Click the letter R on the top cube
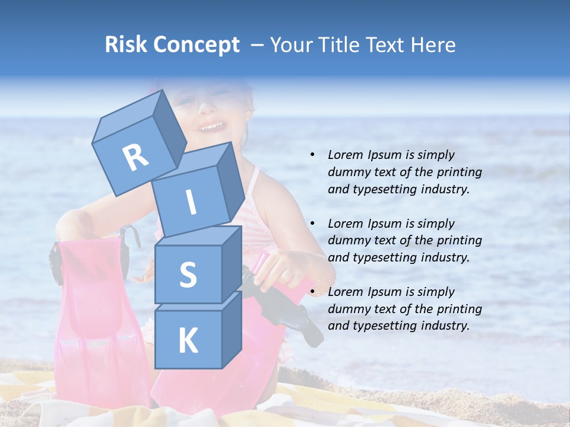coord(135,158)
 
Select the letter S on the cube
coord(188,275)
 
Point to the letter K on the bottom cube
coord(188,340)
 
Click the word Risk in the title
coord(126,44)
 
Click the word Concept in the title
coord(196,44)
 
